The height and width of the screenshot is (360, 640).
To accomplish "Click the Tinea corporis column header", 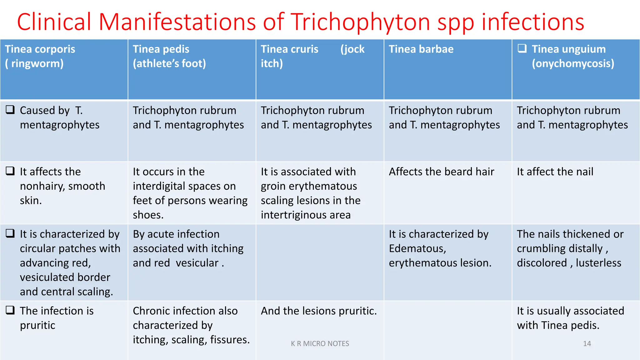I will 40,56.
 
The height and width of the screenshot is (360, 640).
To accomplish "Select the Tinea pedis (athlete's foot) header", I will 169,56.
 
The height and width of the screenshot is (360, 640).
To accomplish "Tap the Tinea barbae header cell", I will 421,49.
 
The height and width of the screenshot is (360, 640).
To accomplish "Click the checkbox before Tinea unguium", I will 522,48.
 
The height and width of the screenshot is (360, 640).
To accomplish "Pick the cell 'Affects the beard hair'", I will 441,172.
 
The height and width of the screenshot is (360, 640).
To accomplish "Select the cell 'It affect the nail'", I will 555,172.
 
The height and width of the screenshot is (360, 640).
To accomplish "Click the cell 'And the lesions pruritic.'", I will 319,311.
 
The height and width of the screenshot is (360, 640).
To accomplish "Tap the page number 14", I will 587,343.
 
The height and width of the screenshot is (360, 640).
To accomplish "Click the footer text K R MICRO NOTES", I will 320,343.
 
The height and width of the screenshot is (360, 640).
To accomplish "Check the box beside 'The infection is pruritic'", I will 10,310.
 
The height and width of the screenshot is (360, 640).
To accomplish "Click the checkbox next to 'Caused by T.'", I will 10,110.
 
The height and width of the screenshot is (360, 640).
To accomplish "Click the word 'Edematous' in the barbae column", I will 417,249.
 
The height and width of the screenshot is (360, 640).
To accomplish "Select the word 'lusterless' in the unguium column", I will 598,263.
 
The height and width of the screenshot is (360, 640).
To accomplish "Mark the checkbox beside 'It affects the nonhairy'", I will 10,171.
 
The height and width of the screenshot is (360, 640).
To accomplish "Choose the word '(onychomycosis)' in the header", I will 573,64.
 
